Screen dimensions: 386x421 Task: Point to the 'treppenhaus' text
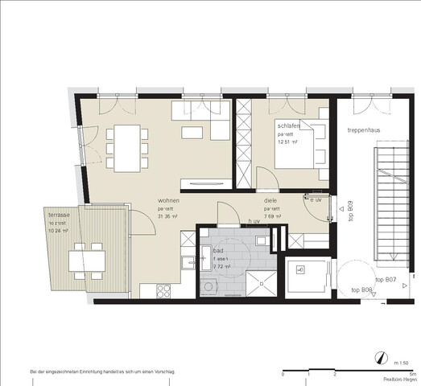(x=364, y=128)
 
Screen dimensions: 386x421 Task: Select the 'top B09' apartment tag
(x=352, y=211)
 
